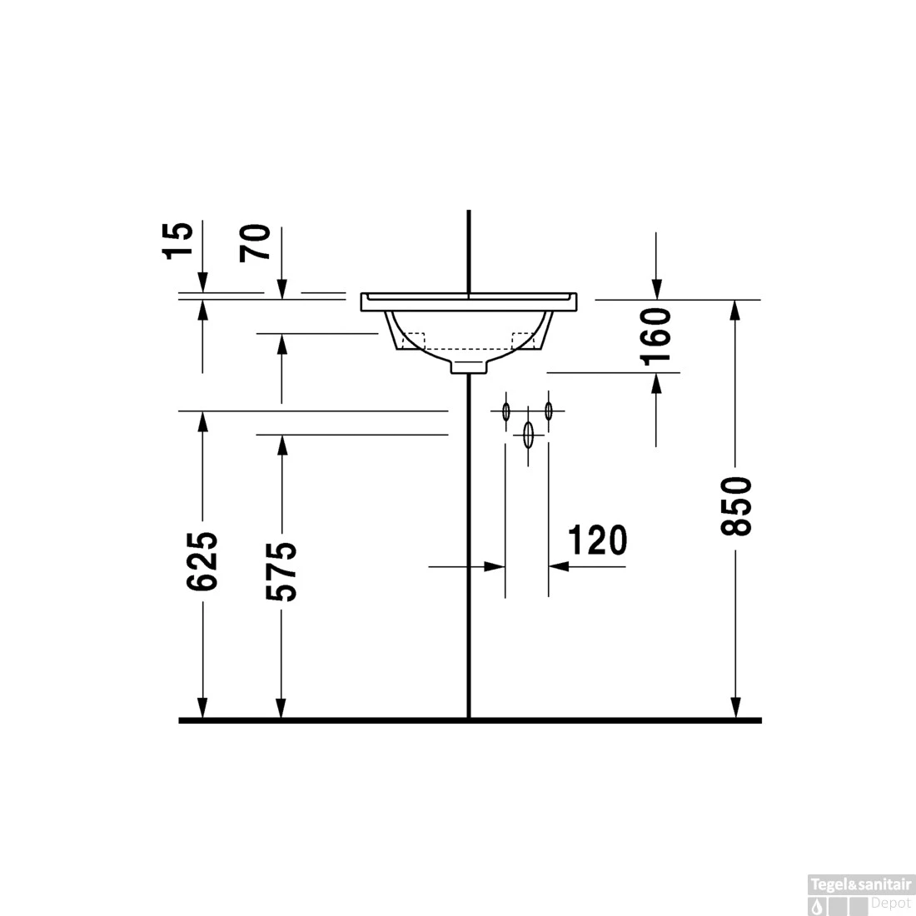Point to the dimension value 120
click(x=597, y=540)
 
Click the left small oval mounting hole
click(x=505, y=411)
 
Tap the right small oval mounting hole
click(x=548, y=411)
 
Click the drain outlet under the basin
click(x=469, y=366)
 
